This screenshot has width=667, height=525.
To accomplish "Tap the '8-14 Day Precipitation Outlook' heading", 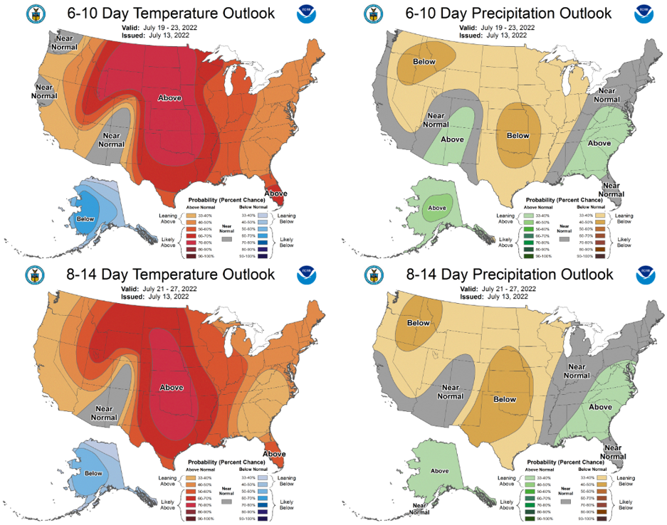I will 493,275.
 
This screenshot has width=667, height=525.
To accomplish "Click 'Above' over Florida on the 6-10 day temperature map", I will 276,193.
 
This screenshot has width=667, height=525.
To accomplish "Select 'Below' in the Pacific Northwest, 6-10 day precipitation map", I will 424,62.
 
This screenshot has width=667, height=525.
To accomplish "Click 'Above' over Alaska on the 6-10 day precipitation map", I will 436,209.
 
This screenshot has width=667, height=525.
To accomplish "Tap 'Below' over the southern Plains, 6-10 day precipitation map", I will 518,135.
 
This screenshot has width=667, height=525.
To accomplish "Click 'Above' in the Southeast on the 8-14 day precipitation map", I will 599,407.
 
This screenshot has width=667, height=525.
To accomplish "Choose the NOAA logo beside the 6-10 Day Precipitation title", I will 645,13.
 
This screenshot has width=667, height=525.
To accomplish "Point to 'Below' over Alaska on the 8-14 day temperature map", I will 93,472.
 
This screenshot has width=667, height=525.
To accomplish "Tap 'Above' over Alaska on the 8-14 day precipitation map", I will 439,471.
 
